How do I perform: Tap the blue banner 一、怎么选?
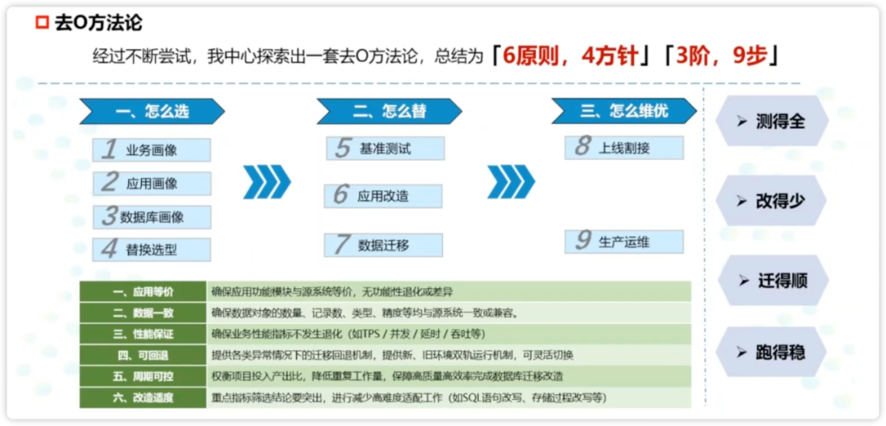click(152, 112)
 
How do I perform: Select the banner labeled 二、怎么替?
click(390, 112)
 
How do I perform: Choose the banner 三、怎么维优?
click(623, 111)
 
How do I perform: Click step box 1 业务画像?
click(152, 149)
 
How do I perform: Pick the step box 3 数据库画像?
click(152, 217)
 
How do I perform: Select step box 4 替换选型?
click(152, 250)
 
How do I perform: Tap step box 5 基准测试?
click(386, 148)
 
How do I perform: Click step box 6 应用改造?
click(383, 196)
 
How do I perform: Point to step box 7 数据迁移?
click(383, 245)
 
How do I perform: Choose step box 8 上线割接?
click(623, 148)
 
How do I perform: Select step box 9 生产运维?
click(623, 241)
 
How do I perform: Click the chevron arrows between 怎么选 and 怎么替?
click(267, 182)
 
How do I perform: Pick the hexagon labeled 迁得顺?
click(772, 280)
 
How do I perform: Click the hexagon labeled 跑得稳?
click(771, 353)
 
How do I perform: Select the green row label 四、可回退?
click(143, 355)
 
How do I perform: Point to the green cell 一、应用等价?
click(143, 291)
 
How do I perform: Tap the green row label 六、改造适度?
click(143, 398)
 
